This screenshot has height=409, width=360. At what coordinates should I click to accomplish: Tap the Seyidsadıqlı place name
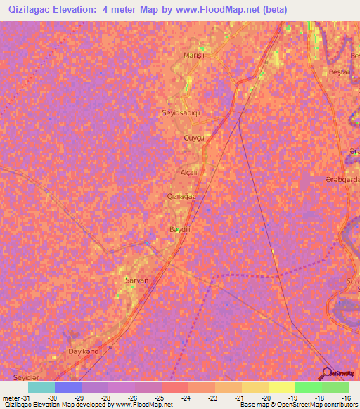tap(182, 112)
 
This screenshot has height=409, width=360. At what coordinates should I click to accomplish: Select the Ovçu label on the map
tap(193, 138)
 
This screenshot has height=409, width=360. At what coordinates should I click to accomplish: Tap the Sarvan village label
tap(136, 280)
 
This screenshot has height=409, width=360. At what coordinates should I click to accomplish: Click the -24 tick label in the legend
tap(185, 397)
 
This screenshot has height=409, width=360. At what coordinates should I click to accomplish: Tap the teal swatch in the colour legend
tap(41, 387)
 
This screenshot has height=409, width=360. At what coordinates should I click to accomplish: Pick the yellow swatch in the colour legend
tap(281, 387)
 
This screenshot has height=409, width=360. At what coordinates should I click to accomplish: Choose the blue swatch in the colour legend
tap(68, 387)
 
